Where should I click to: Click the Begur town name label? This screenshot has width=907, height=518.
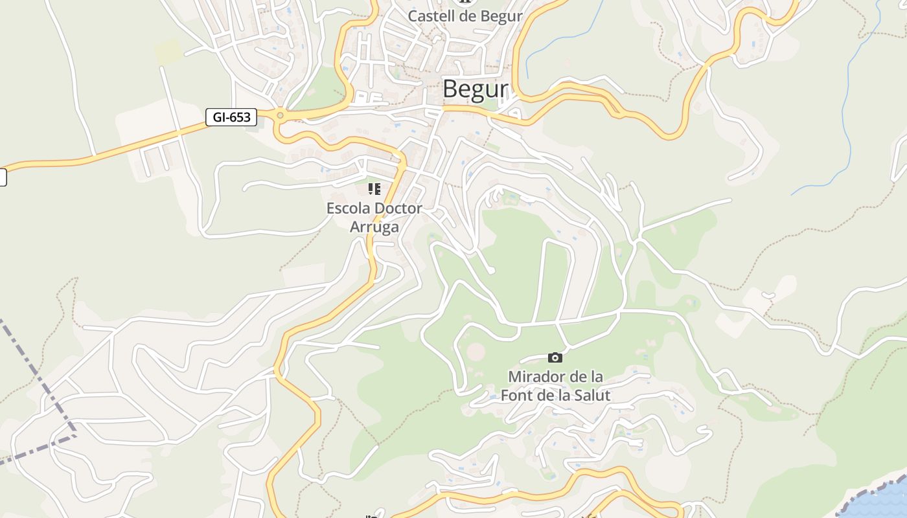click(475, 89)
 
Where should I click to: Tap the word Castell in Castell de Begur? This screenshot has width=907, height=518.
click(431, 16)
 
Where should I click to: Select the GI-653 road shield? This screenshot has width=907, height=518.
click(231, 117)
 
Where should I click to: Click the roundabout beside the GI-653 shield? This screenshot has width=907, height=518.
click(280, 116)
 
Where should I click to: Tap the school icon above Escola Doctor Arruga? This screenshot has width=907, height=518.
click(374, 189)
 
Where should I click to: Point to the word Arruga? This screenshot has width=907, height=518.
click(374, 227)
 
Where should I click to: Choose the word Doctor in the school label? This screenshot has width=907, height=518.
click(398, 208)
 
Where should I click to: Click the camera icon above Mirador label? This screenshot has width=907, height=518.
click(555, 357)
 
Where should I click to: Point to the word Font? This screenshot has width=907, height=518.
click(518, 394)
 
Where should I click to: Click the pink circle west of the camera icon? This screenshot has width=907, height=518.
click(476, 352)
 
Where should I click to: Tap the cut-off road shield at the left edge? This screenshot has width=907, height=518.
click(3, 177)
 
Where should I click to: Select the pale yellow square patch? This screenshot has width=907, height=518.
click(168, 51)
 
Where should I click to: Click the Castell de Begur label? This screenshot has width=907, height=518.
click(465, 16)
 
